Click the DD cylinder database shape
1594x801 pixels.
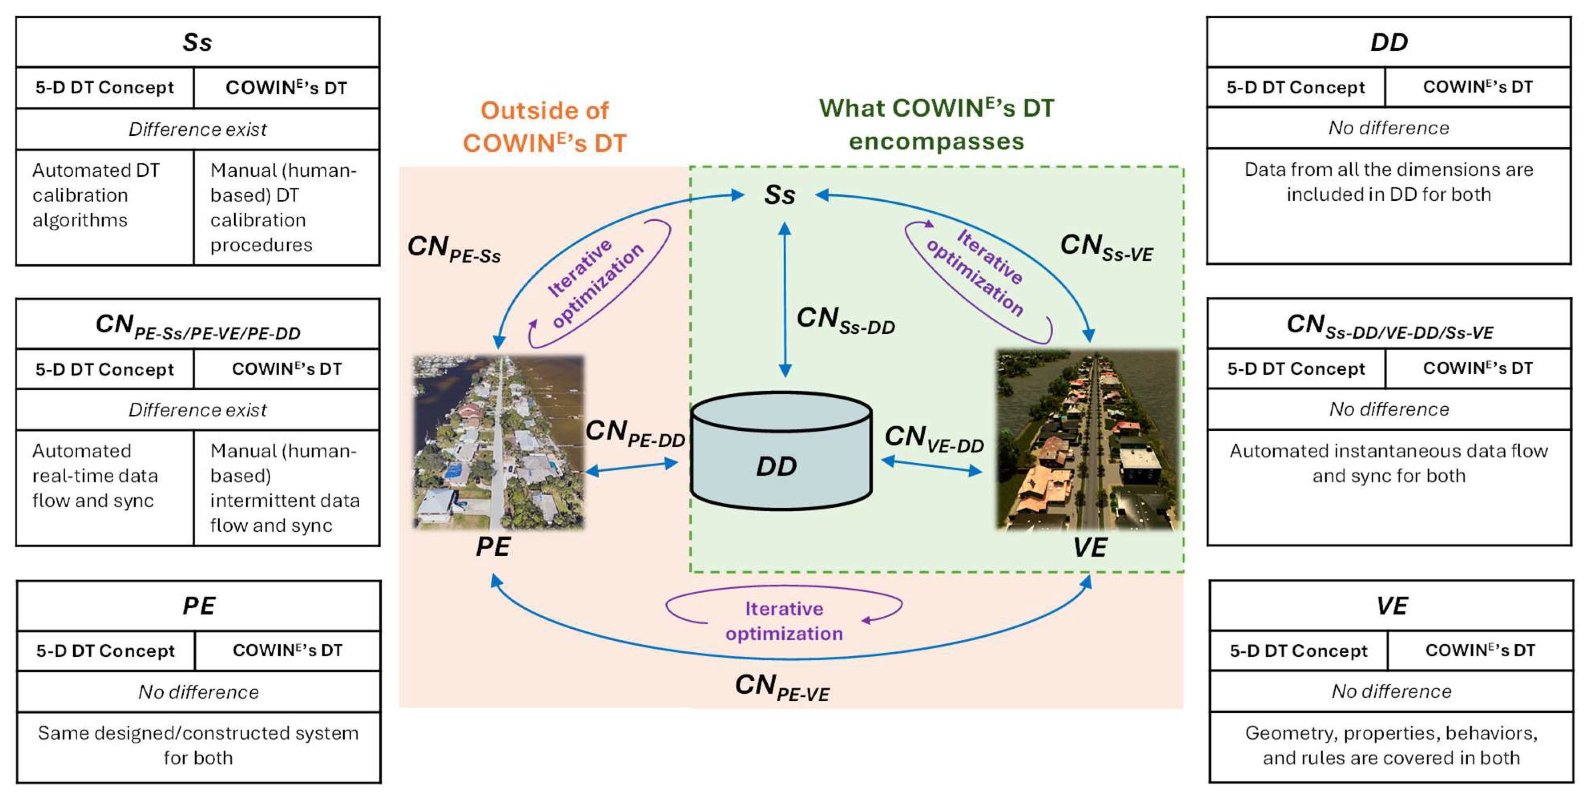[781, 452]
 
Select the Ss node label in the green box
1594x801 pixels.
[779, 195]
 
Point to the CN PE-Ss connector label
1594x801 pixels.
[454, 249]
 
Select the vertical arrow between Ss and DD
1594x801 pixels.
[785, 300]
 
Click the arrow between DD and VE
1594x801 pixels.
[931, 466]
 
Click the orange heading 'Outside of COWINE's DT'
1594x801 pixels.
[545, 127]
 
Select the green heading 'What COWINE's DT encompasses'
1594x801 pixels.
[936, 125]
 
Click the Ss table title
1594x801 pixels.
[197, 42]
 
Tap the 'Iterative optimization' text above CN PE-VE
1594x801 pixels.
[784, 621]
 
